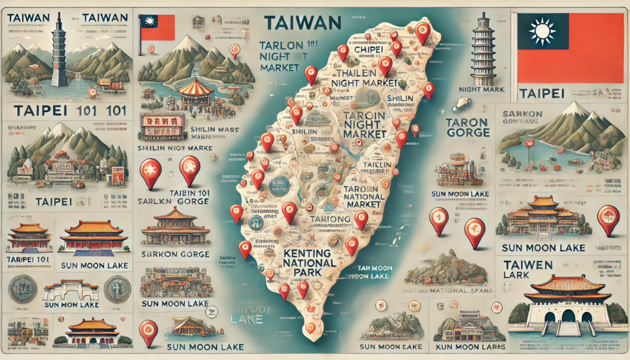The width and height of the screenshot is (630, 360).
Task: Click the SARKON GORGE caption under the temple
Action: coord(175,254)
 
